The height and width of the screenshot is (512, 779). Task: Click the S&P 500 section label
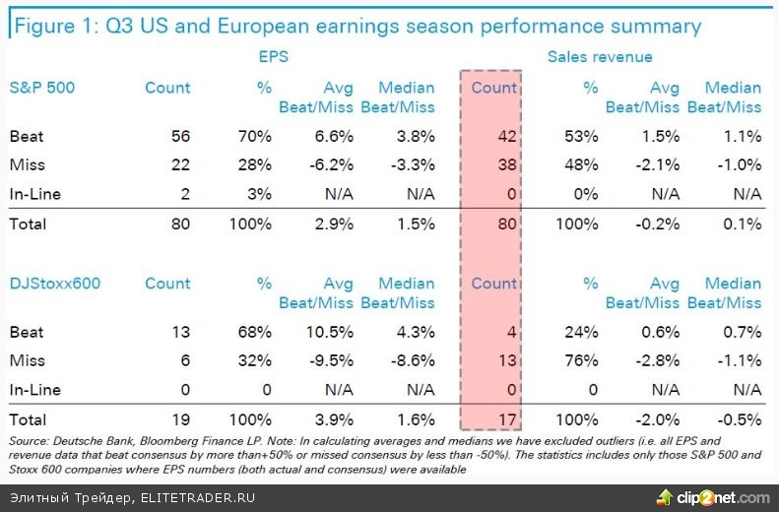click(x=41, y=88)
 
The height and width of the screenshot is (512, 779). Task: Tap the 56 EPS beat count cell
click(x=179, y=137)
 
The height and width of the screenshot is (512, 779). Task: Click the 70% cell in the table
click(x=256, y=137)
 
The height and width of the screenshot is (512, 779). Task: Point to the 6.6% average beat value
click(x=333, y=137)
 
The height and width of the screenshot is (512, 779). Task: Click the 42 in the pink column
click(x=505, y=137)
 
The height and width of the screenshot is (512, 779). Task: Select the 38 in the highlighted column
click(x=505, y=165)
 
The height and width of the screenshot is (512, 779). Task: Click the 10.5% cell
click(x=329, y=332)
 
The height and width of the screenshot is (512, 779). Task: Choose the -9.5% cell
click(x=331, y=360)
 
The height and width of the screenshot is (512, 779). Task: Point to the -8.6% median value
click(x=411, y=360)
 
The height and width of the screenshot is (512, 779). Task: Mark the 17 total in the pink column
click(x=506, y=418)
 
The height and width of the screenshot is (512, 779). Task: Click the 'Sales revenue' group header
click(x=600, y=57)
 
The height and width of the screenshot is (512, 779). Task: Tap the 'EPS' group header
click(x=274, y=57)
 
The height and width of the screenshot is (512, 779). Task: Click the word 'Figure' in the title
click(x=45, y=26)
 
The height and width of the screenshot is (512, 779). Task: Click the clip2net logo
click(x=713, y=495)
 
